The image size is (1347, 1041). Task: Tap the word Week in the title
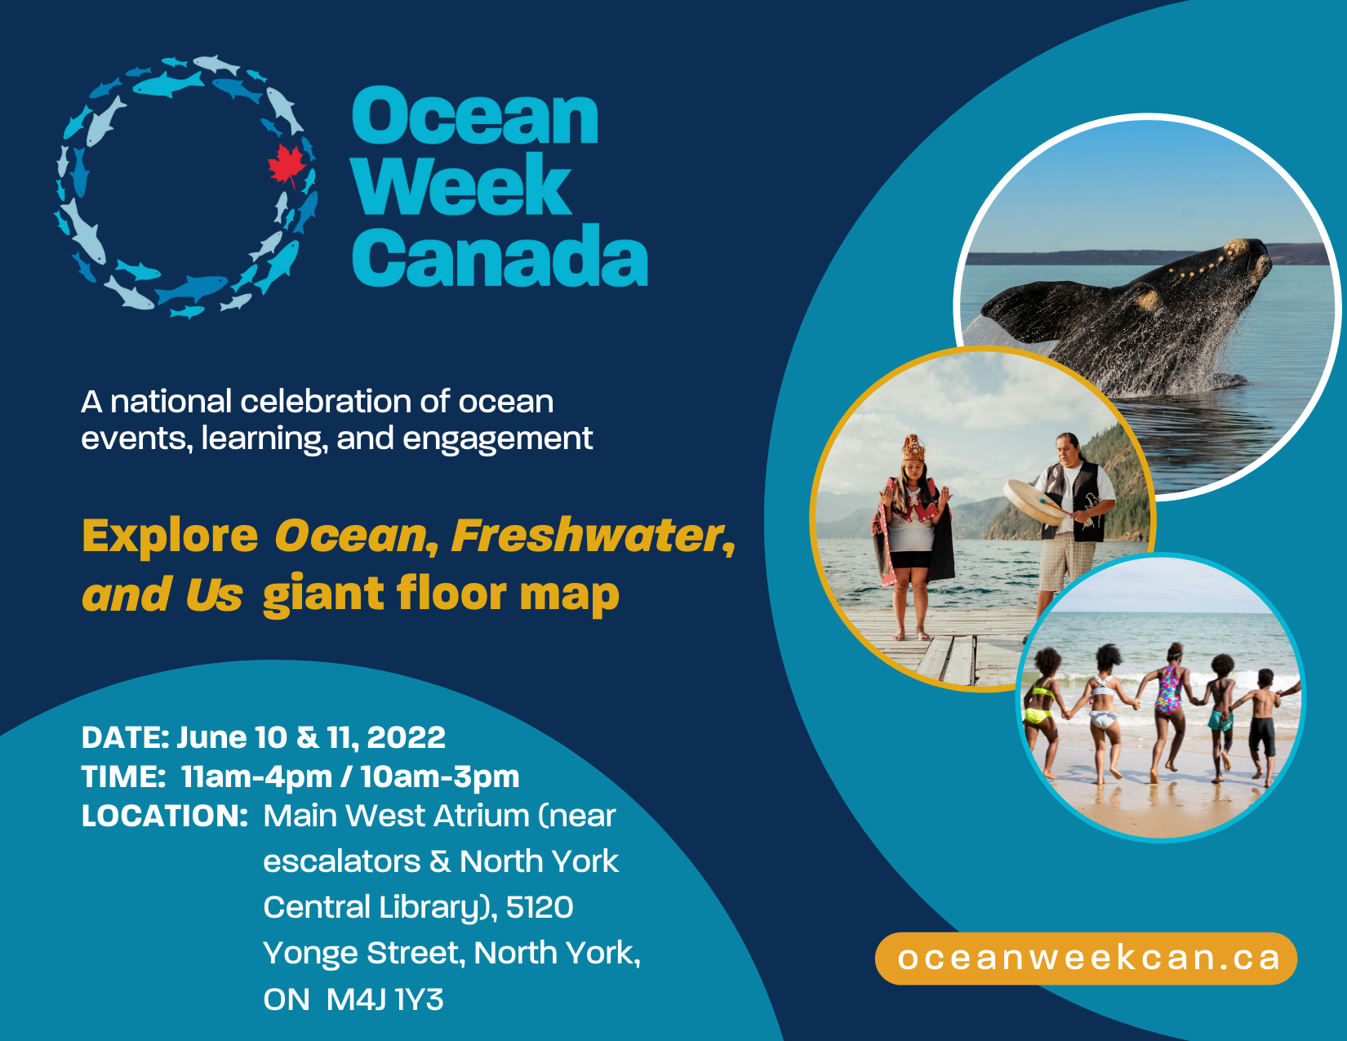[x=461, y=185]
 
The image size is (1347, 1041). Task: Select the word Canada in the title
[x=500, y=255]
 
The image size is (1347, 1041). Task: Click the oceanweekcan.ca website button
[x=1086, y=959]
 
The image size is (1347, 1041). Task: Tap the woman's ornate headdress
[x=913, y=447]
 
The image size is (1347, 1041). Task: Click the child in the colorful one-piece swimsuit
[x=1168, y=713]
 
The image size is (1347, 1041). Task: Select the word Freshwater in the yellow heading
[x=593, y=535]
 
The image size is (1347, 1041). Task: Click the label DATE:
[x=125, y=737]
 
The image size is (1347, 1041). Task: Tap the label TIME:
[x=122, y=776]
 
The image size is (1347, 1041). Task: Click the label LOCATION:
[x=165, y=816]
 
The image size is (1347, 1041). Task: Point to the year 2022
[x=406, y=737]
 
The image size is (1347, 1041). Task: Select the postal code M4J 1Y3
[x=385, y=999]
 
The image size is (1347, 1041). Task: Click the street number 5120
[x=540, y=907]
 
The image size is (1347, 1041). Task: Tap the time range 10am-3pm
[x=440, y=777]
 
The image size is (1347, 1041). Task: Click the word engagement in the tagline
[x=498, y=439]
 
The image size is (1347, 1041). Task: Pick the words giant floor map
[x=441, y=594]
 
